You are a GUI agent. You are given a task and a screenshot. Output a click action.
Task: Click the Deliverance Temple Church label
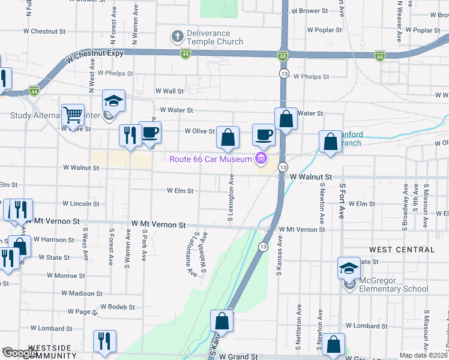(215, 37)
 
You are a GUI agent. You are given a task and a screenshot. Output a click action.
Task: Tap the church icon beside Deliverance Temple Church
(177, 37)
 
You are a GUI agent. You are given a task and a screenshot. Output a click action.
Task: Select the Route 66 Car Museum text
(210, 159)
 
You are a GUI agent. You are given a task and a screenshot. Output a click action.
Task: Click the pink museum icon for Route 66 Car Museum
(261, 159)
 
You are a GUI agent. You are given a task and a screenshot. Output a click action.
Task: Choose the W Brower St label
(309, 11)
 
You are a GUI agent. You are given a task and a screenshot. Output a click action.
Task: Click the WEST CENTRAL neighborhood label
(402, 249)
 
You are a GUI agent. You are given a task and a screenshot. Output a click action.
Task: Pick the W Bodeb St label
(118, 307)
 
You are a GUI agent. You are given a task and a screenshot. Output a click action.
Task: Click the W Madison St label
(82, 293)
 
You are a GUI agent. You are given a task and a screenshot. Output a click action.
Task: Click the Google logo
(19, 353)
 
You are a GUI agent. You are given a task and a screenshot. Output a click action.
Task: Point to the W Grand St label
(238, 356)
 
